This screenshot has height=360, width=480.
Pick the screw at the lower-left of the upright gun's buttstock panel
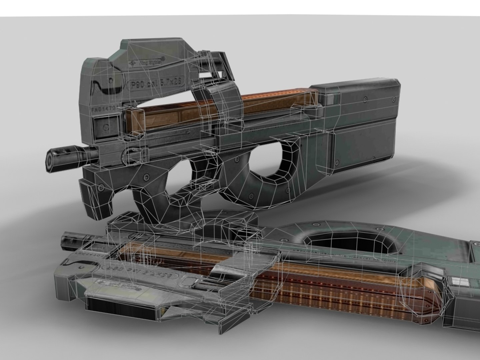(x=339, y=163)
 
